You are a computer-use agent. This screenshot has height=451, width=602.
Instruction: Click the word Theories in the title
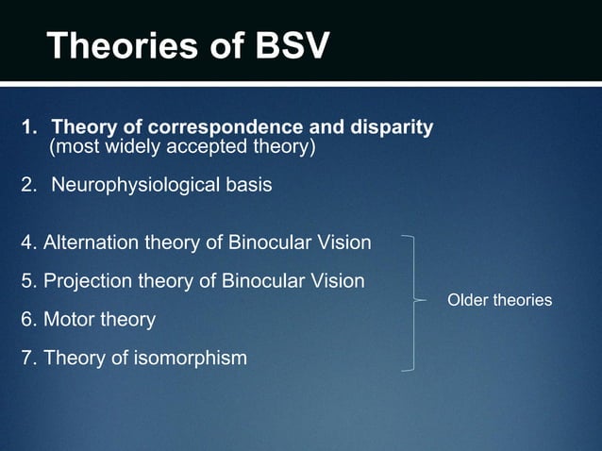coord(113,46)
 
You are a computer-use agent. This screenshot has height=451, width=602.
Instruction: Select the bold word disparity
coord(390,127)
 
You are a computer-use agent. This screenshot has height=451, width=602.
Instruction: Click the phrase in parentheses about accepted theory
coord(182,148)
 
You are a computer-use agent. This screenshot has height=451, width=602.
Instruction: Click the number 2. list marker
coord(30,185)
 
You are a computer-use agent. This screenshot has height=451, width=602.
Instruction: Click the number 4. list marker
coord(29,244)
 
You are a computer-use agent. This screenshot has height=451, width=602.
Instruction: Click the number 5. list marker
coord(29,281)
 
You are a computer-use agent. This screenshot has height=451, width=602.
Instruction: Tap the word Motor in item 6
coord(69,320)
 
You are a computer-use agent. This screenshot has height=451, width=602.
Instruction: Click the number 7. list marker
coord(29,358)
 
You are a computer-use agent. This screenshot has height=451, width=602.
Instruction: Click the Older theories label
coord(499,300)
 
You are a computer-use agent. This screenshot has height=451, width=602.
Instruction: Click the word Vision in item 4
coord(343,244)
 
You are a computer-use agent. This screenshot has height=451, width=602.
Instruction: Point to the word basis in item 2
coord(247,185)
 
